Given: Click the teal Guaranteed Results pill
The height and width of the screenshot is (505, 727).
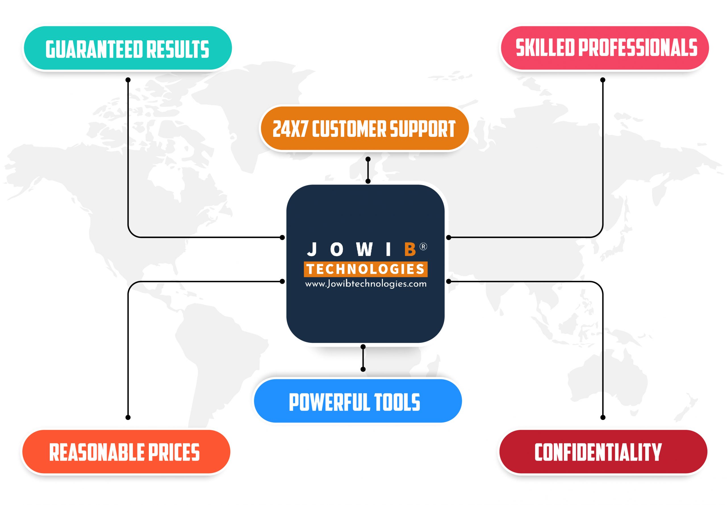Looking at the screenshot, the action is pos(127,48).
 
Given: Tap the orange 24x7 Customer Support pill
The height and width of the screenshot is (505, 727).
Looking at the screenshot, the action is pos(364,128).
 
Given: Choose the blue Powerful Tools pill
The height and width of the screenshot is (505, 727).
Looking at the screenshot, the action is pos(358,400).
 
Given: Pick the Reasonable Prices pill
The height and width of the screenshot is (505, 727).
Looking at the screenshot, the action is pos(126,452).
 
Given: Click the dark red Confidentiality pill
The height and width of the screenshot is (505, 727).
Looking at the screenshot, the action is pos(603,452).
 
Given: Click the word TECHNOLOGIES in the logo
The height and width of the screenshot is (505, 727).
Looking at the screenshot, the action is pos(366,269).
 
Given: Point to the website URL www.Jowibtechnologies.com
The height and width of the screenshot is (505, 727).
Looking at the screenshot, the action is pos(366,284).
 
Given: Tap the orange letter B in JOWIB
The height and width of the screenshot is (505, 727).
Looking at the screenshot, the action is pos(410,249).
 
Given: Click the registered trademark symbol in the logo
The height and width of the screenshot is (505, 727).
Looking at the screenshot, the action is pos(423,247).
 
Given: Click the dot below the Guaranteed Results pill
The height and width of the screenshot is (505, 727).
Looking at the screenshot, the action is pos(128,80).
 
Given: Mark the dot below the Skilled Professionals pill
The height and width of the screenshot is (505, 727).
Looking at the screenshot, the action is pos(603,80).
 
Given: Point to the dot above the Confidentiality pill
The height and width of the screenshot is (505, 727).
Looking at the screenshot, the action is pos(603,417).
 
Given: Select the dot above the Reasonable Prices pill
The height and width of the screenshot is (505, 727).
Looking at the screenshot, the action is pos(128,417).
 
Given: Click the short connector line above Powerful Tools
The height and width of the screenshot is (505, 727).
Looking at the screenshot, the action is pos(363,358).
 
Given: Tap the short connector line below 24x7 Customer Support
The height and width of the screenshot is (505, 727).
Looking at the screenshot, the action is pos(368,170).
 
